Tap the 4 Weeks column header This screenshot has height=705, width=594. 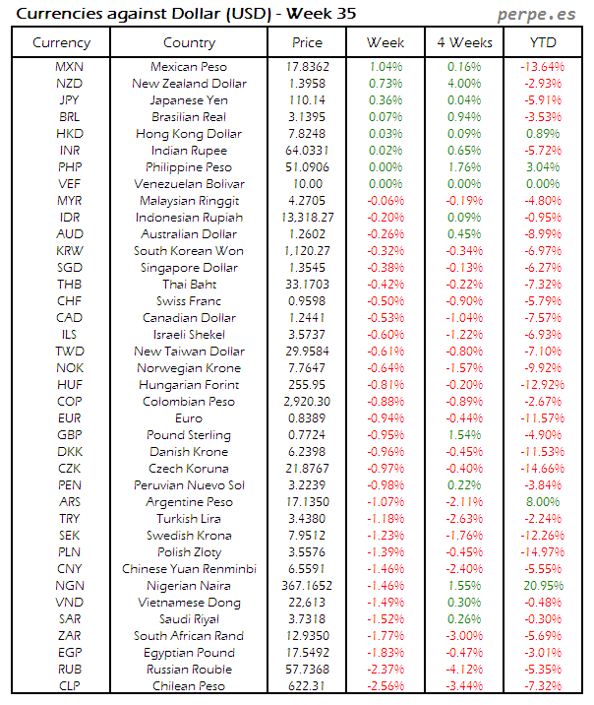463,42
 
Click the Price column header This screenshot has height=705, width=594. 307,42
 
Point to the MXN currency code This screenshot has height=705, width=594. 70,67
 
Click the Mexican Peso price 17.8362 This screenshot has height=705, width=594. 307,67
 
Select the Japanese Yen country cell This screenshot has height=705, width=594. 189,100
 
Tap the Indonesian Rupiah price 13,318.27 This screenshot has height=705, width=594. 307,218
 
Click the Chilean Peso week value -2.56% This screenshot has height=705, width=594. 386,686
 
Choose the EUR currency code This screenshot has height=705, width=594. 70,418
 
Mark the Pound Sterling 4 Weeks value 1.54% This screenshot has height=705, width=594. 463,435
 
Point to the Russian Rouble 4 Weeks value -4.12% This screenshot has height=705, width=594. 463,670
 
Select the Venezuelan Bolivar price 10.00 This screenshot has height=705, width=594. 307,184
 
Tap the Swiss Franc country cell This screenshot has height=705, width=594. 189,301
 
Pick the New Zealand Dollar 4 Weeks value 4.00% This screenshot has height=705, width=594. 463,84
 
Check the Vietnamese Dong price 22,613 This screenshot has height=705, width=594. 307,603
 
